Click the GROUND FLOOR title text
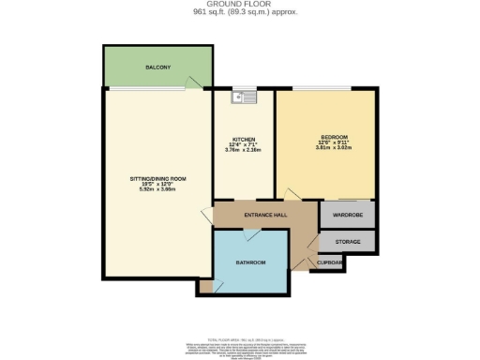coord(239,5)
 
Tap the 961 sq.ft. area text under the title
coord(239,12)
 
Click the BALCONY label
coord(157,68)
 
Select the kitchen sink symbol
coord(245,96)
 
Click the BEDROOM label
coord(327,136)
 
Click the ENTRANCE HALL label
coord(265,216)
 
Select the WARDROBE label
coord(348,215)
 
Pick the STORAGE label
coord(348,241)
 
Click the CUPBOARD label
coord(329,263)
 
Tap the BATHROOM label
coord(251,262)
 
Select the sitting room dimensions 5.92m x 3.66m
coord(158,189)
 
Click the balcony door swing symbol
coord(193,85)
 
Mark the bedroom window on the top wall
coord(327,89)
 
